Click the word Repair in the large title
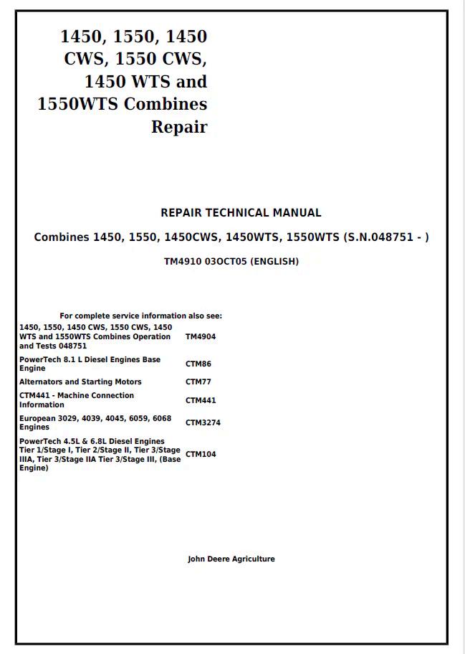(178, 128)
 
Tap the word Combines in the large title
(166, 104)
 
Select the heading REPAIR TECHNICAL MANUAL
(241, 213)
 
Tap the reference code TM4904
(201, 336)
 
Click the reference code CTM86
(198, 364)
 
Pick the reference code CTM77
(198, 382)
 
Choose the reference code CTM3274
(203, 423)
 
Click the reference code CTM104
(201, 455)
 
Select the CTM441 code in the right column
(201, 401)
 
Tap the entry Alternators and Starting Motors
(80, 382)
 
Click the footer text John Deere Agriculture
(231, 559)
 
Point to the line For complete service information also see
(140, 316)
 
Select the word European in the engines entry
(39, 418)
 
